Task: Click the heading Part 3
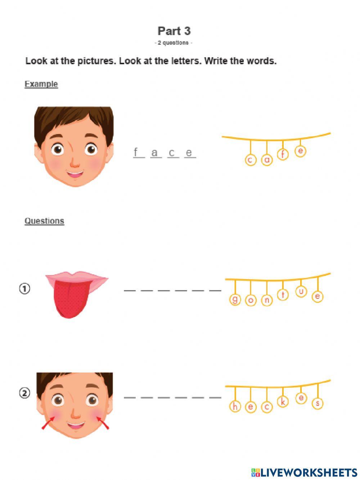pyautogui.click(x=174, y=31)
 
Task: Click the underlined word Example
pyautogui.click(x=41, y=84)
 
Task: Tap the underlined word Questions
pyautogui.click(x=44, y=221)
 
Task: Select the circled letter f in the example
pyautogui.click(x=283, y=155)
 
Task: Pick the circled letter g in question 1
pyautogui.click(x=235, y=299)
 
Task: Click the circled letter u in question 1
pyautogui.click(x=301, y=291)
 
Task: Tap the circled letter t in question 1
pyautogui.click(x=283, y=295)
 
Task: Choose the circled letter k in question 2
pyautogui.click(x=283, y=402)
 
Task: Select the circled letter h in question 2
pyautogui.click(x=235, y=406)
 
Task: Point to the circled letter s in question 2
pyautogui.click(x=318, y=403)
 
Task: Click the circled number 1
pyautogui.click(x=24, y=289)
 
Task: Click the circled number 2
pyautogui.click(x=24, y=393)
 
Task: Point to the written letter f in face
pyautogui.click(x=136, y=152)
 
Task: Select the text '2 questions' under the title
pyautogui.click(x=173, y=43)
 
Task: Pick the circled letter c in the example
pyautogui.click(x=251, y=160)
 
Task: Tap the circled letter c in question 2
pyautogui.click(x=267, y=407)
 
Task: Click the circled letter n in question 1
pyautogui.click(x=267, y=300)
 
